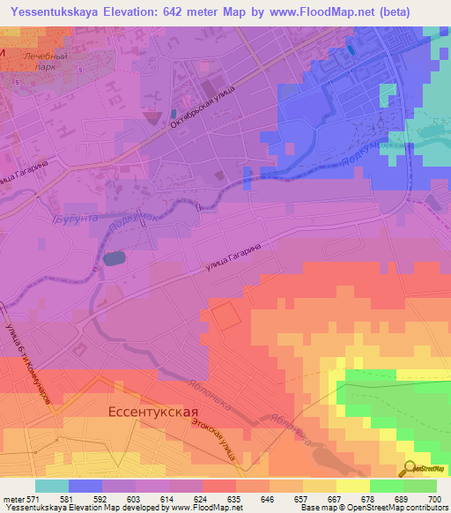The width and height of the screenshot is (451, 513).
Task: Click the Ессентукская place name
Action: [x=152, y=412]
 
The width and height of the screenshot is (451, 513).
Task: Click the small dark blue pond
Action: [x=114, y=258]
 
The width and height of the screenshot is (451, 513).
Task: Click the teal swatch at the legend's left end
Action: [x=52, y=486]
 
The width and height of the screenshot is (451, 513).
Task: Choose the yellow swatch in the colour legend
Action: [x=353, y=486]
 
